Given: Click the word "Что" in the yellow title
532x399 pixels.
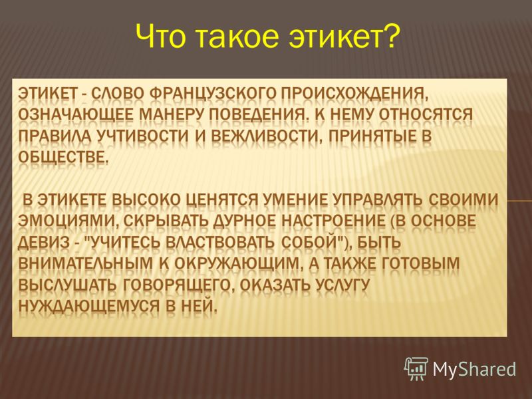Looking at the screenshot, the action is [161, 36].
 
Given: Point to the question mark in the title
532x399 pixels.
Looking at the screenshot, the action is [391, 35].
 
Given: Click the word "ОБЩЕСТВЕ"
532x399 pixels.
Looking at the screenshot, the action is [63, 157].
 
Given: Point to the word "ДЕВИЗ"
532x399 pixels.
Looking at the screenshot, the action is [43, 242].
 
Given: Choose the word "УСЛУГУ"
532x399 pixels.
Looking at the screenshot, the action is [342, 285].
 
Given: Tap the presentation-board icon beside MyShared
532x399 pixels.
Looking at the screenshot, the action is [416, 368].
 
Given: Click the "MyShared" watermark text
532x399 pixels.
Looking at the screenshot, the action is [474, 369].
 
